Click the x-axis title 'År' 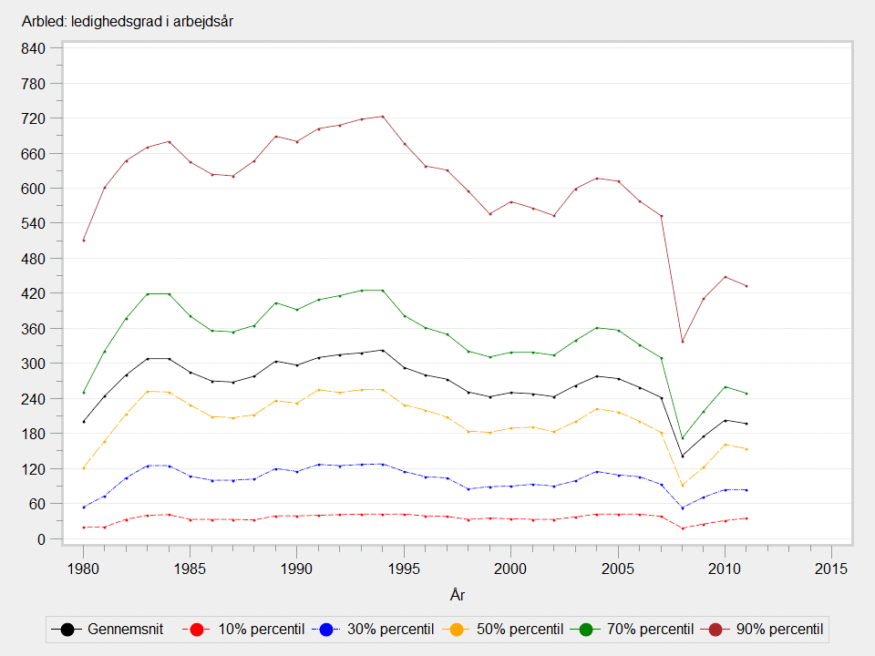(x=458, y=595)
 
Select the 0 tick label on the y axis (x=41, y=538)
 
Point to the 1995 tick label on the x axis (x=404, y=568)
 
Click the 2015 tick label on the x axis (x=831, y=568)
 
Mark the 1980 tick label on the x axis (x=83, y=568)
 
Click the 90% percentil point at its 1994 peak (x=383, y=116)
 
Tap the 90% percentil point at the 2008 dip (x=682, y=342)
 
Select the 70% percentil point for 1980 (x=83, y=393)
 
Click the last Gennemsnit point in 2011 (x=746, y=424)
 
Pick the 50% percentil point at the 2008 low (x=682, y=485)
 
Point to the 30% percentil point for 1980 (x=83, y=507)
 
